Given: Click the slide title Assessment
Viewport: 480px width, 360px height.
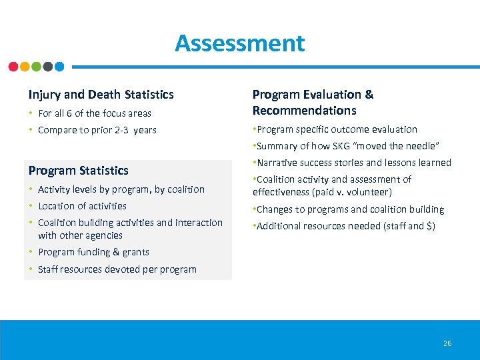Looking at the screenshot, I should [x=239, y=43].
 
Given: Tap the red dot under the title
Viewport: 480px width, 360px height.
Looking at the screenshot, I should [x=13, y=67].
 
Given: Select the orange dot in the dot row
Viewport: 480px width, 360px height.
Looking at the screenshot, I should [x=25, y=67].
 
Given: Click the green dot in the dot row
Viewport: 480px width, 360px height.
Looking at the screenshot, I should [x=36, y=67].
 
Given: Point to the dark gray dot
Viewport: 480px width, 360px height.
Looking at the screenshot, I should [x=48, y=67].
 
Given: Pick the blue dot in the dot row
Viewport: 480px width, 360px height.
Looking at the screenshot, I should [x=59, y=67].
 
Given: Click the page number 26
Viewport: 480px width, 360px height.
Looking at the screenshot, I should [x=447, y=343].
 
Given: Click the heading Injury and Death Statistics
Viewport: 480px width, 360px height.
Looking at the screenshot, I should [x=101, y=95].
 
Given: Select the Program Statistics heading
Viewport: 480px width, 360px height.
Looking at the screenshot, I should [x=78, y=171].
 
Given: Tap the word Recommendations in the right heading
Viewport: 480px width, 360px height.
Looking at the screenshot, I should [x=304, y=111].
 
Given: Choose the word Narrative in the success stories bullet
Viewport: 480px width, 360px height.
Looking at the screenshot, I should [x=277, y=163].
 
